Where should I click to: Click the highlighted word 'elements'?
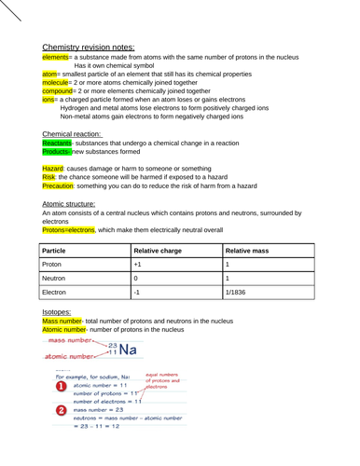[59, 58]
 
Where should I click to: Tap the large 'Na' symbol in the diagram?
[128, 350]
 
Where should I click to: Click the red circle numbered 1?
[61, 386]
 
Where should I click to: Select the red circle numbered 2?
[61, 410]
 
